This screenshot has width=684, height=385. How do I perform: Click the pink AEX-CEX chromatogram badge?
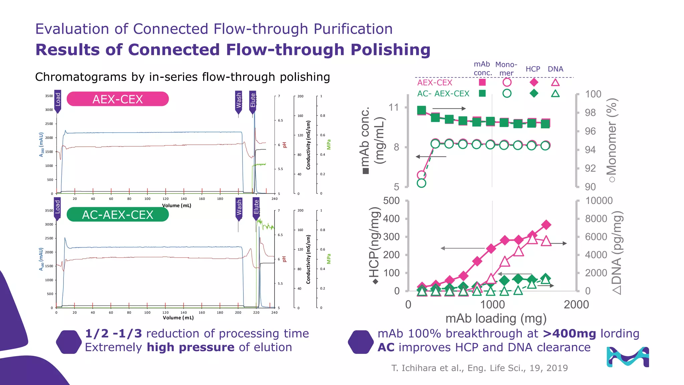(118, 99)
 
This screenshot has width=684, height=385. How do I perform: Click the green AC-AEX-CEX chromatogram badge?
(118, 215)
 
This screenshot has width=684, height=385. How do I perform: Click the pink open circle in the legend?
(507, 82)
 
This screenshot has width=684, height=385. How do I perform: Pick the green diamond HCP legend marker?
(534, 93)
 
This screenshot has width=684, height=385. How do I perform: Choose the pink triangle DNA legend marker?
(555, 82)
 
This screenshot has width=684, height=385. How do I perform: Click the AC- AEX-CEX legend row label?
(443, 94)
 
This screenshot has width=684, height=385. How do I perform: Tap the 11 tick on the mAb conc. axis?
(394, 107)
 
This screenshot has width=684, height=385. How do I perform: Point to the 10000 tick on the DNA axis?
(599, 201)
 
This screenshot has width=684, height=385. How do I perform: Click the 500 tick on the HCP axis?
(391, 201)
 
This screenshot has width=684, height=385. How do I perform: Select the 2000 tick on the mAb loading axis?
(576, 304)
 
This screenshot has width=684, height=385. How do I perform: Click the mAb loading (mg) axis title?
(496, 318)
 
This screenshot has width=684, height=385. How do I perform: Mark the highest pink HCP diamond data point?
(546, 225)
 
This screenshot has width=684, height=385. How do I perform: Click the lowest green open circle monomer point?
(421, 183)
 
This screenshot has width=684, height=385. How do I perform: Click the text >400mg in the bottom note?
(569, 334)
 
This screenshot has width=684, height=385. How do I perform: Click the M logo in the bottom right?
(628, 357)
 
